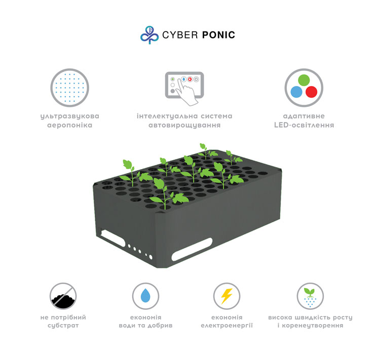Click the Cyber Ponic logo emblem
coord(149,35)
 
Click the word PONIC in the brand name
coord(218,35)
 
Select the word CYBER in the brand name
coord(180,35)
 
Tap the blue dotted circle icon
coord(69,88)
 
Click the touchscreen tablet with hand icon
coord(184,88)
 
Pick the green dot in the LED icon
coord(304,80)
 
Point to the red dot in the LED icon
coord(311,92)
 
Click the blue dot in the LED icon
coord(296,92)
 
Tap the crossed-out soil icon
coord(63,296)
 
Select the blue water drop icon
coord(145,296)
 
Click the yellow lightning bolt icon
coord(227,296)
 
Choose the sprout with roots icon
coord(310,296)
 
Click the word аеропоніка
coord(69,125)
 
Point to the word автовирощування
coord(184,126)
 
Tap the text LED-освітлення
coord(304,125)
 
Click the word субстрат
coord(63,326)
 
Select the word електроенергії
coord(227,326)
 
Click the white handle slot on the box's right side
coord(192,250)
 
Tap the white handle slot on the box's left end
coord(113,238)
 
